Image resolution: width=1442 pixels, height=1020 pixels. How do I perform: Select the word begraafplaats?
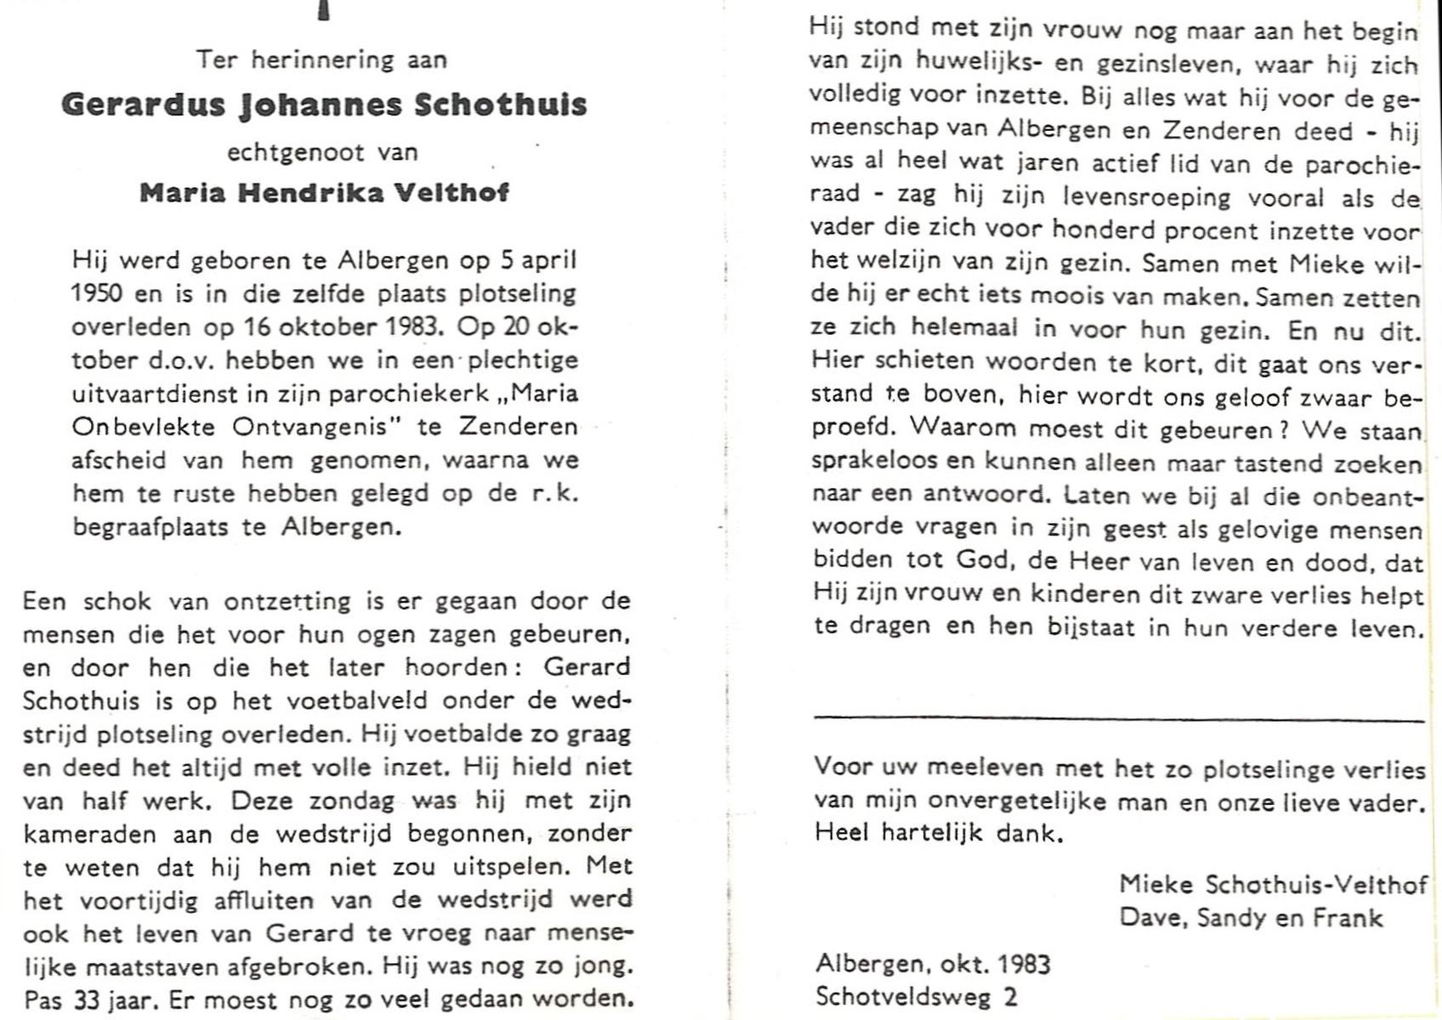(150, 527)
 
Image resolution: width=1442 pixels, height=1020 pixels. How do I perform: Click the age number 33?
(88, 1000)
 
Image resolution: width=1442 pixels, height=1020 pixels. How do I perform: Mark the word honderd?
(1103, 230)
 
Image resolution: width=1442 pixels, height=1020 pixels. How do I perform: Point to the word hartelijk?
(934, 833)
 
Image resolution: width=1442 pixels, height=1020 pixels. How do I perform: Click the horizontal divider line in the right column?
(1118, 720)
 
